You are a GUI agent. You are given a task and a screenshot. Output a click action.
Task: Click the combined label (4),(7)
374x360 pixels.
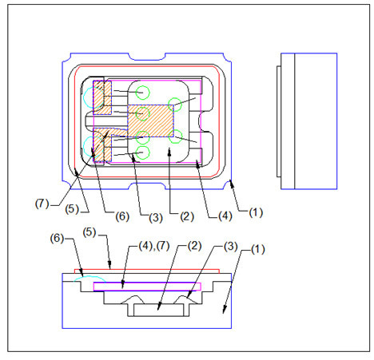[154, 246]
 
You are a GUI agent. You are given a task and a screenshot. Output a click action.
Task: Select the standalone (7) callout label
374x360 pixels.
[42, 204]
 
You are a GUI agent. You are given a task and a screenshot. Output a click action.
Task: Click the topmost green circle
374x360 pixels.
[142, 93]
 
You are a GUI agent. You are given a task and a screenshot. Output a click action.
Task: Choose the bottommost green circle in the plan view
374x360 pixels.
[142, 152]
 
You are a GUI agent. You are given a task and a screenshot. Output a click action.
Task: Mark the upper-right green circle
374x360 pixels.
[175, 104]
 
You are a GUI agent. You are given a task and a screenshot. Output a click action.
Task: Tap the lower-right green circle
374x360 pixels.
[175, 136]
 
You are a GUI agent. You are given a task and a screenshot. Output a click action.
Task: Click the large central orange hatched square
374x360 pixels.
[151, 121]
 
